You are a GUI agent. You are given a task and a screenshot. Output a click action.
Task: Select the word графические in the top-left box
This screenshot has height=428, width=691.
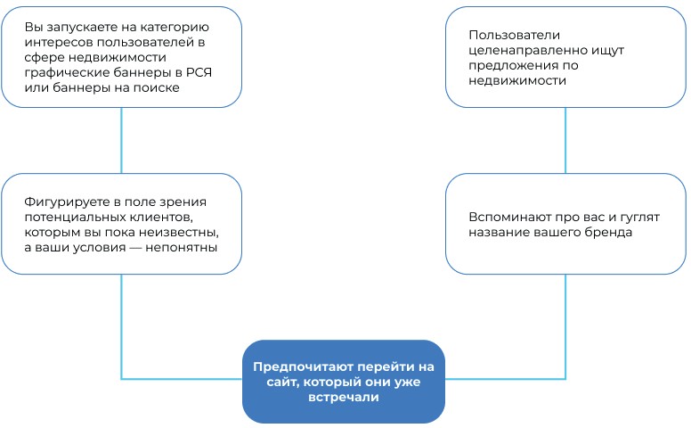point(61,72)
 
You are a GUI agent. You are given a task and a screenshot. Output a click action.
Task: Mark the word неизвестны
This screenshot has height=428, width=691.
point(183,231)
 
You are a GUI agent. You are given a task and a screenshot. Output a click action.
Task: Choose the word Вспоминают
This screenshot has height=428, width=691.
point(506,217)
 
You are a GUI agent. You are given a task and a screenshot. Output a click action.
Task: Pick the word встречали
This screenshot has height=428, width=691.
point(343,399)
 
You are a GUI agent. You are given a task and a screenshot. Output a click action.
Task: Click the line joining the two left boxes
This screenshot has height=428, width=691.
point(122,140)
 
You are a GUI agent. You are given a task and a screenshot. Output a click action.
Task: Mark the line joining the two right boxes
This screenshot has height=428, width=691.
point(566,140)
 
